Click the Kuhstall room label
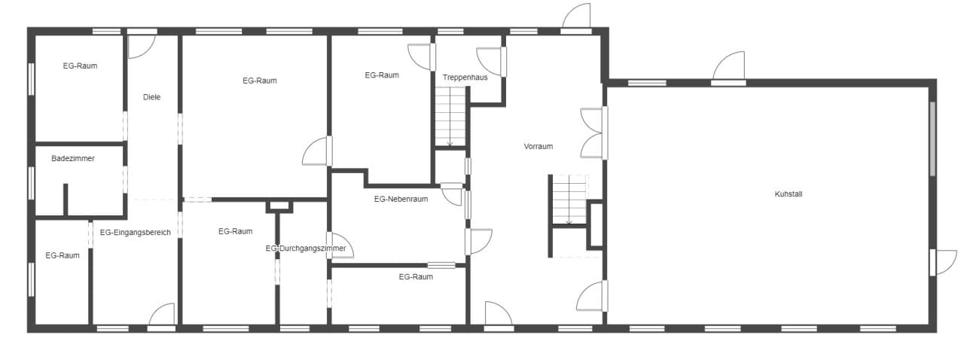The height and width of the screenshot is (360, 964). [x=789, y=194]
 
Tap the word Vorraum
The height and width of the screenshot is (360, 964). [x=538, y=146]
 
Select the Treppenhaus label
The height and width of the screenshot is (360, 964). [x=465, y=78]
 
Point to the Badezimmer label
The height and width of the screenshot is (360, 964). [x=73, y=158]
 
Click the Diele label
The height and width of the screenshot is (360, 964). [x=152, y=97]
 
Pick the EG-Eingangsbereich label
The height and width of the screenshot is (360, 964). [x=135, y=233]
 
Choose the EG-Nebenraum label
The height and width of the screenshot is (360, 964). [x=401, y=199]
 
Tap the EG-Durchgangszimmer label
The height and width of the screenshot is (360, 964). [x=306, y=249]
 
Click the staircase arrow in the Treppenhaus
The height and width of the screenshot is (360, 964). [x=450, y=116]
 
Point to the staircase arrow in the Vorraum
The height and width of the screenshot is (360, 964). [x=569, y=200]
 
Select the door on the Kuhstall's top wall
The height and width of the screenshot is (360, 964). [x=728, y=67]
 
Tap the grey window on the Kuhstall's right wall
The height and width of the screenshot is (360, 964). [x=932, y=139]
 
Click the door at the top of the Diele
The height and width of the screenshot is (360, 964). [x=141, y=44]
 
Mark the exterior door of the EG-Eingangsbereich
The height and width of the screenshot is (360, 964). [x=162, y=317]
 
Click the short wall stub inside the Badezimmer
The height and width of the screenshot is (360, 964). [x=66, y=200]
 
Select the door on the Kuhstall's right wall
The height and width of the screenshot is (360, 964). [x=942, y=262]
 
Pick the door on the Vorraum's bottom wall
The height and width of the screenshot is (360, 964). [x=499, y=316]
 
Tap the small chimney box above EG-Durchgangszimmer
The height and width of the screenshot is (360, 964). [x=279, y=206]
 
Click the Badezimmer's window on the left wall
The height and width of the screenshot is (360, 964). [x=31, y=182]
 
